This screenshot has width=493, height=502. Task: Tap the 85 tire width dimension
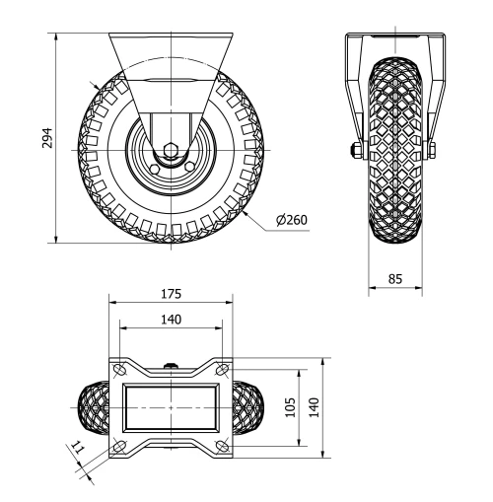click(x=395, y=279)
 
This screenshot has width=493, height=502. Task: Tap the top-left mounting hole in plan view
click(x=119, y=369)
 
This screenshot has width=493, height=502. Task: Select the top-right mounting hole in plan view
click(x=222, y=369)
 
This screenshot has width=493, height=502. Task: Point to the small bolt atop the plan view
click(x=173, y=367)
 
